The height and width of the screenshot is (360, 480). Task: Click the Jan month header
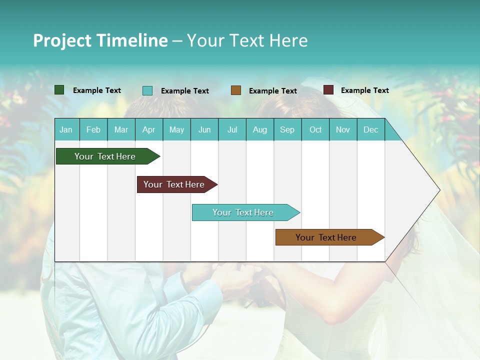(66, 129)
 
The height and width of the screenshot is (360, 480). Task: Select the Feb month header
(93, 129)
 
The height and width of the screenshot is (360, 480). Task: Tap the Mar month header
(121, 129)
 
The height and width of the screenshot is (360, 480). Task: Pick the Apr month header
(149, 129)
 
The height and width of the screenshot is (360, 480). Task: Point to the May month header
(176, 129)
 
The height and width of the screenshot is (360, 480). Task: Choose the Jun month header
(204, 129)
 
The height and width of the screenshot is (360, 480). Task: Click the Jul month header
(232, 129)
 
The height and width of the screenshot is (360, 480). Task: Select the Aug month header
(260, 129)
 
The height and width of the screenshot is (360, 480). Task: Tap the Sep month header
(287, 129)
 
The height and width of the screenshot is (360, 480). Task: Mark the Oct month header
(315, 129)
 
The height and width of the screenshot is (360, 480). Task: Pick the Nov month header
(343, 129)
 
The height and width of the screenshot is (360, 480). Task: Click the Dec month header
(371, 129)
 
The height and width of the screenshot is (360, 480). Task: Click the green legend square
(59, 90)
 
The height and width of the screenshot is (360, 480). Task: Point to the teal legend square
(147, 90)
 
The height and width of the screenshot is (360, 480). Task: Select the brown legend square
(236, 90)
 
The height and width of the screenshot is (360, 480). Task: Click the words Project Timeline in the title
(100, 40)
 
